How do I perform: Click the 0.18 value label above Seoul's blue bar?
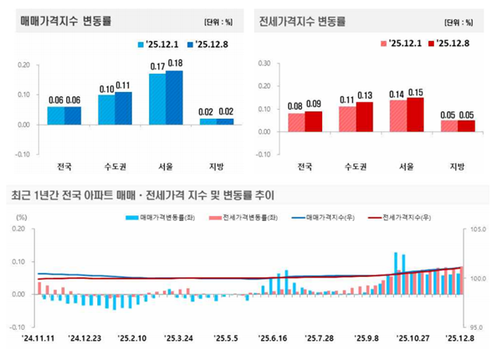pyautogui.click(x=175, y=63)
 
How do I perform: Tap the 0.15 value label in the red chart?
pyautogui.click(x=416, y=92)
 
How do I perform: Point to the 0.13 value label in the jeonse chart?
pyautogui.click(x=366, y=95)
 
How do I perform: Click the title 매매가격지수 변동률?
pyautogui.click(x=67, y=19)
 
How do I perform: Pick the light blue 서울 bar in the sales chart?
pyautogui.click(x=157, y=99)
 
